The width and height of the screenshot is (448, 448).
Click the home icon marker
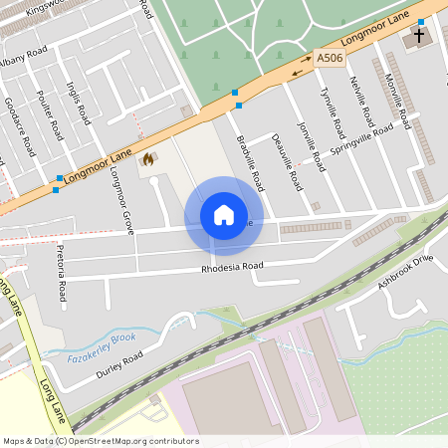pos(224,215)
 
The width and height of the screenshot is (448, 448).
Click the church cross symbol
pos(418,37)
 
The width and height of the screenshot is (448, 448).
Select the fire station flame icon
pos(148,158)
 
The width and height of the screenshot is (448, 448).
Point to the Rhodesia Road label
pos(232,267)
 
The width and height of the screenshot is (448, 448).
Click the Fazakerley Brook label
pos(102,346)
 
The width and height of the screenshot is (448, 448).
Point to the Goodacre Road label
pos(18,125)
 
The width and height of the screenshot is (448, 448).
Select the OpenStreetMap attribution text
pos(100,441)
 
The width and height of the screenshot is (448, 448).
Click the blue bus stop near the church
pos(421,22)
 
